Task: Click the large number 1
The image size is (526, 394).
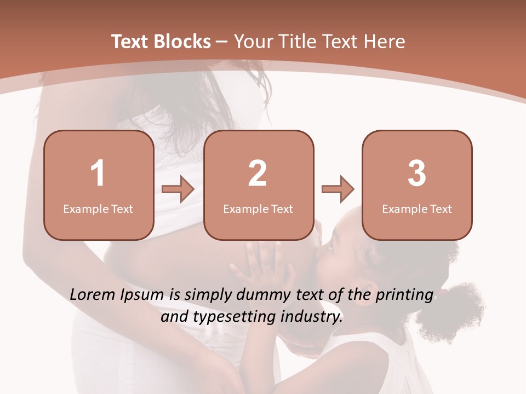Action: coord(98,173)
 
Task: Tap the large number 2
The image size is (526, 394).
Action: coord(258,173)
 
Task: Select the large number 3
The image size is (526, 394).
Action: coord(417,173)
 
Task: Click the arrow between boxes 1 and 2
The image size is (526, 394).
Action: coord(178,189)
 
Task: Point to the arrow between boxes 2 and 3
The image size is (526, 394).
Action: coord(338,189)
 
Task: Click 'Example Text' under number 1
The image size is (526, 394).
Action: coord(98,208)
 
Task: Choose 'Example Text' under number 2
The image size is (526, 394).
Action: coord(258,208)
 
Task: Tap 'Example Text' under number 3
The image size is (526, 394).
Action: coord(417,208)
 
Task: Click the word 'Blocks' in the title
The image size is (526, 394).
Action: coord(183,42)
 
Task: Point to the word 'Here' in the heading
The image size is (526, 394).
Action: coord(384,42)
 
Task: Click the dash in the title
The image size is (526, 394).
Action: coord(222,42)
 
